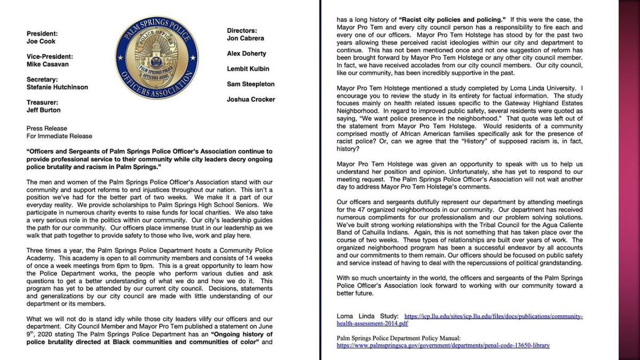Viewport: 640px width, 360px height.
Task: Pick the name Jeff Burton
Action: pos(44,110)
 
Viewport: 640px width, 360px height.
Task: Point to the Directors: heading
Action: pos(242,31)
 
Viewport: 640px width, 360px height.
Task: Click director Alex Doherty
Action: pos(247,53)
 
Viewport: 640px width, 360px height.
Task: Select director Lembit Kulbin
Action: pos(247,69)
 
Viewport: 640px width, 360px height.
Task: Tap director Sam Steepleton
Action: pos(251,84)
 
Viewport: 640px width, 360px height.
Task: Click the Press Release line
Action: pos(47,129)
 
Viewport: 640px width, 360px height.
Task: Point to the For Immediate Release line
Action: pos(59,136)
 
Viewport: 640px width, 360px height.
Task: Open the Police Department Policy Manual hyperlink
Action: pos(443,346)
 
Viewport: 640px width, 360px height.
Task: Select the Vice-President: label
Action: pos(50,56)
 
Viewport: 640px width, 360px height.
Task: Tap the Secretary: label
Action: pos(43,79)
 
